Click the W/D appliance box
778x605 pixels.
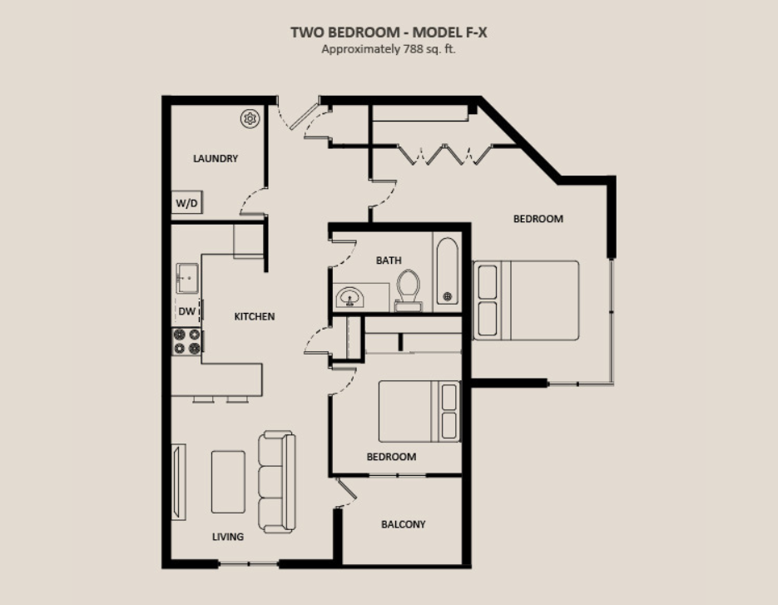pyautogui.click(x=186, y=202)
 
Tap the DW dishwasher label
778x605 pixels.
pyautogui.click(x=187, y=311)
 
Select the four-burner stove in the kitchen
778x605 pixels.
pyautogui.click(x=186, y=341)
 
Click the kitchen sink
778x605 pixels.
pyautogui.click(x=187, y=278)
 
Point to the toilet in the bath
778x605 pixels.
pyautogui.click(x=409, y=290)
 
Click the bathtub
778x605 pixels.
pyautogui.click(x=447, y=270)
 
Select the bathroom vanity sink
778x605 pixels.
pyautogui.click(x=349, y=298)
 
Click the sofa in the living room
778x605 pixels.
pyautogui.click(x=277, y=481)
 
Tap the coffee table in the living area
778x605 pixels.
pyautogui.click(x=228, y=481)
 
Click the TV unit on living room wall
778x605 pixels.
pyautogui.click(x=179, y=482)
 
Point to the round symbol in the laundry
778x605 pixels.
pyautogui.click(x=250, y=119)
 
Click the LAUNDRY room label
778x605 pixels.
pyautogui.click(x=216, y=158)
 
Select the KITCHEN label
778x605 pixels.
pyautogui.click(x=255, y=316)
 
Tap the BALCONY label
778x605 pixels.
pyautogui.click(x=404, y=524)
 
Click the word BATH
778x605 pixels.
pyautogui.click(x=389, y=260)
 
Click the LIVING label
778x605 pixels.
pyautogui.click(x=228, y=537)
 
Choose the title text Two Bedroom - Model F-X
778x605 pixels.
pyautogui.click(x=389, y=32)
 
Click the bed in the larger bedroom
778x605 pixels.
pyautogui.click(x=526, y=300)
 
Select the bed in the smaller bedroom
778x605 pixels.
pyautogui.click(x=419, y=411)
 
